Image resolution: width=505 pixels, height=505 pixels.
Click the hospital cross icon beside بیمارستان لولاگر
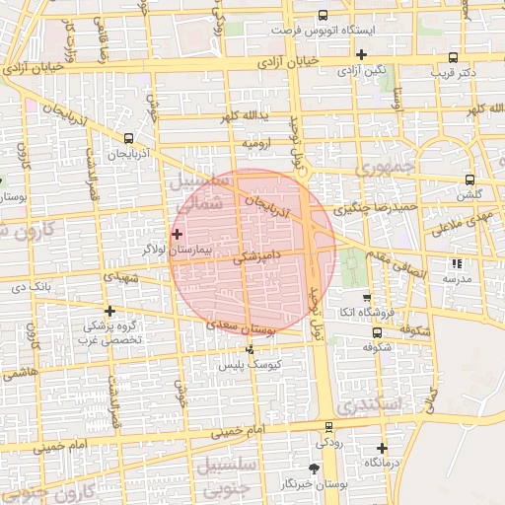point(177,234)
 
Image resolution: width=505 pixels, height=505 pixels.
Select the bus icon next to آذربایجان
point(130,139)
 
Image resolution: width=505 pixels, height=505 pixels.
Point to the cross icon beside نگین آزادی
point(363,54)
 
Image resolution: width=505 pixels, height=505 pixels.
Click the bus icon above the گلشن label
point(469,180)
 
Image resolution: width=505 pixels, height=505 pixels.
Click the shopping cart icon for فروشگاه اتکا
point(367,297)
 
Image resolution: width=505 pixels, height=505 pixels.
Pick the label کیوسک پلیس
point(251,365)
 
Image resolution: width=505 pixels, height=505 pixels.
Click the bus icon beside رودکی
point(329,427)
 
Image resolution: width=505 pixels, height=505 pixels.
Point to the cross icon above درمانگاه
point(382,448)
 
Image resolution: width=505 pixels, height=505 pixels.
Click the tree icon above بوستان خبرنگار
point(315,469)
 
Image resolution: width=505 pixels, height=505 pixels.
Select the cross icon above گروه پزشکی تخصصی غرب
point(109,311)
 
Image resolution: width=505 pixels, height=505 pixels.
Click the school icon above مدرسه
point(456,263)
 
